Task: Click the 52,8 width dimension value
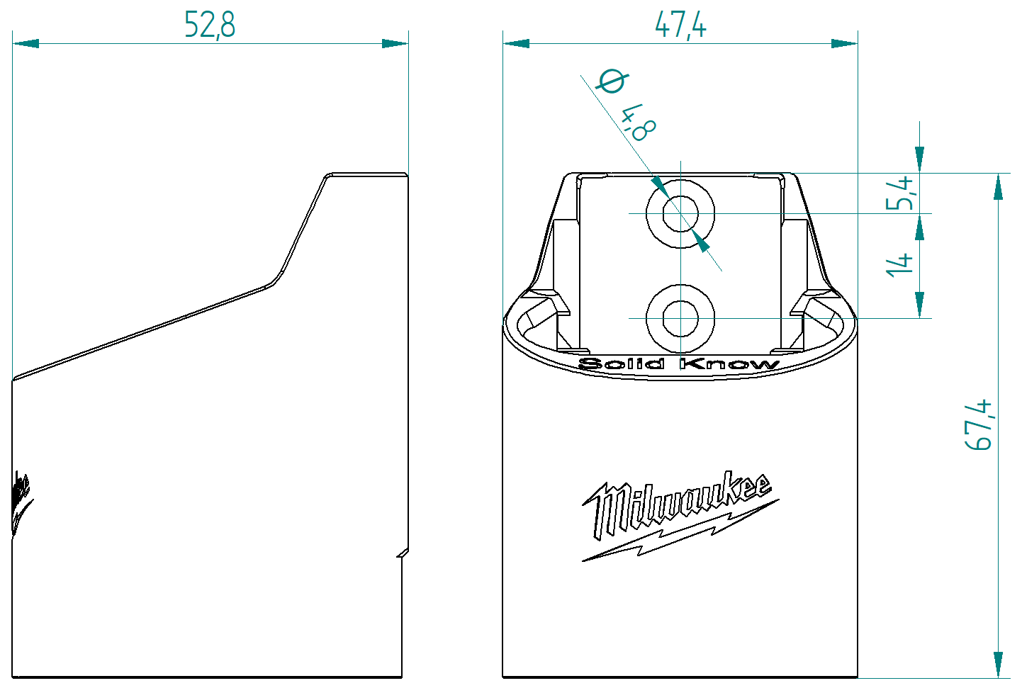pyautogui.click(x=210, y=24)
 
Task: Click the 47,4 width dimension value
pyautogui.click(x=680, y=25)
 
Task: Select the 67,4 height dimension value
pyautogui.click(x=979, y=425)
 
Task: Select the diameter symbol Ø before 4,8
pyautogui.click(x=611, y=81)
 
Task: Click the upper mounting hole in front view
pyautogui.click(x=680, y=213)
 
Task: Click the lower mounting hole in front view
pyautogui.click(x=680, y=319)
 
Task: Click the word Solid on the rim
pyautogui.click(x=622, y=364)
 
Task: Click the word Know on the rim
pyautogui.click(x=729, y=364)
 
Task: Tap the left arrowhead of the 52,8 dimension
pyautogui.click(x=26, y=43)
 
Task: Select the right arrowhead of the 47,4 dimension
pyautogui.click(x=844, y=43)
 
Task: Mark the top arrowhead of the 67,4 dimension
pyautogui.click(x=998, y=186)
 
